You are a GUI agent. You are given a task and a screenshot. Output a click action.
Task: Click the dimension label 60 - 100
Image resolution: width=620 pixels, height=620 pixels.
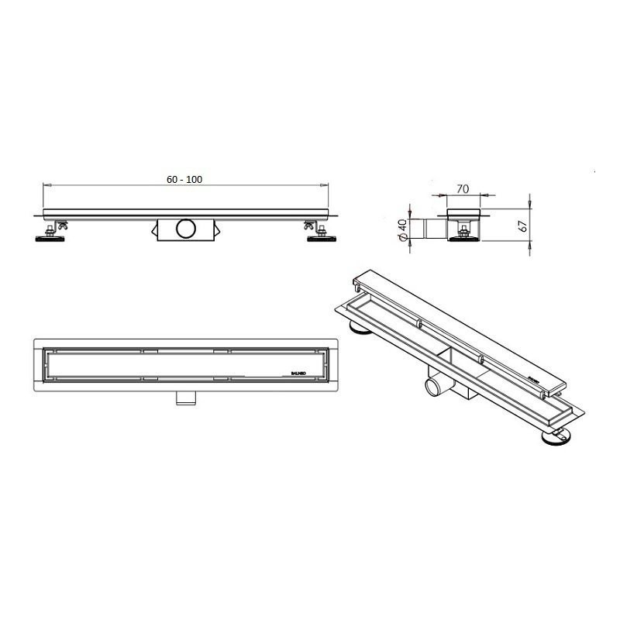click(184, 179)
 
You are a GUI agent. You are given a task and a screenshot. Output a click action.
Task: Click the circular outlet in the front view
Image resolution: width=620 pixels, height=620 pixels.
click(186, 229)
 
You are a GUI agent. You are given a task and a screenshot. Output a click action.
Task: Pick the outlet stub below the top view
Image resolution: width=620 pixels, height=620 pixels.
click(184, 398)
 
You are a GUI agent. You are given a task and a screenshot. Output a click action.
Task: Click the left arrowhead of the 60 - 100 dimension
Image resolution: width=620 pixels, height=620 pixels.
click(44, 185)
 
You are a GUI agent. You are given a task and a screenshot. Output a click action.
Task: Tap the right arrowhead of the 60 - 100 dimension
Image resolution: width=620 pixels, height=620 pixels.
click(325, 185)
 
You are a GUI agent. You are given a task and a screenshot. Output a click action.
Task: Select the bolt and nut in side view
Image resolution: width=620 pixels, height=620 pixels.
click(463, 226)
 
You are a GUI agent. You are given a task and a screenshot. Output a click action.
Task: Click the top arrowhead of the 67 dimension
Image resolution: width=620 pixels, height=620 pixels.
click(531, 210)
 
